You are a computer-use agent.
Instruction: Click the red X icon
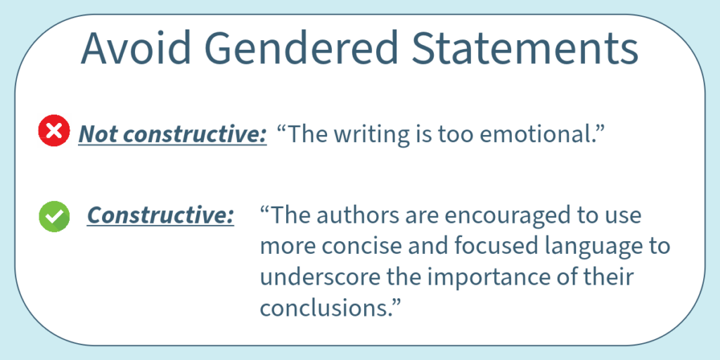pyautogui.click(x=54, y=131)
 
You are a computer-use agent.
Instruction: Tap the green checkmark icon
pyautogui.click(x=54, y=217)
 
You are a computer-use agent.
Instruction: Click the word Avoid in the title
pyautogui.click(x=136, y=49)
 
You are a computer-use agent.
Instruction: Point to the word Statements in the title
pyautogui.click(x=525, y=49)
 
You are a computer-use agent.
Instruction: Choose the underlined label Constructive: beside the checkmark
pyautogui.click(x=160, y=215)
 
